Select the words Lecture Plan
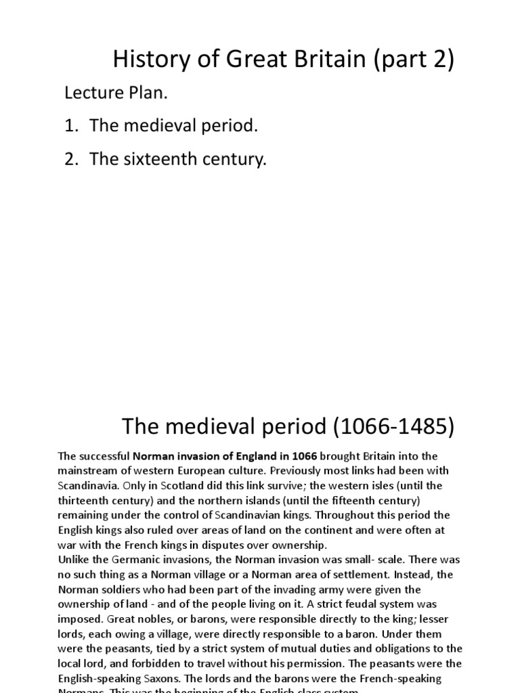[116, 93]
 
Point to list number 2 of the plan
[72, 160]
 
